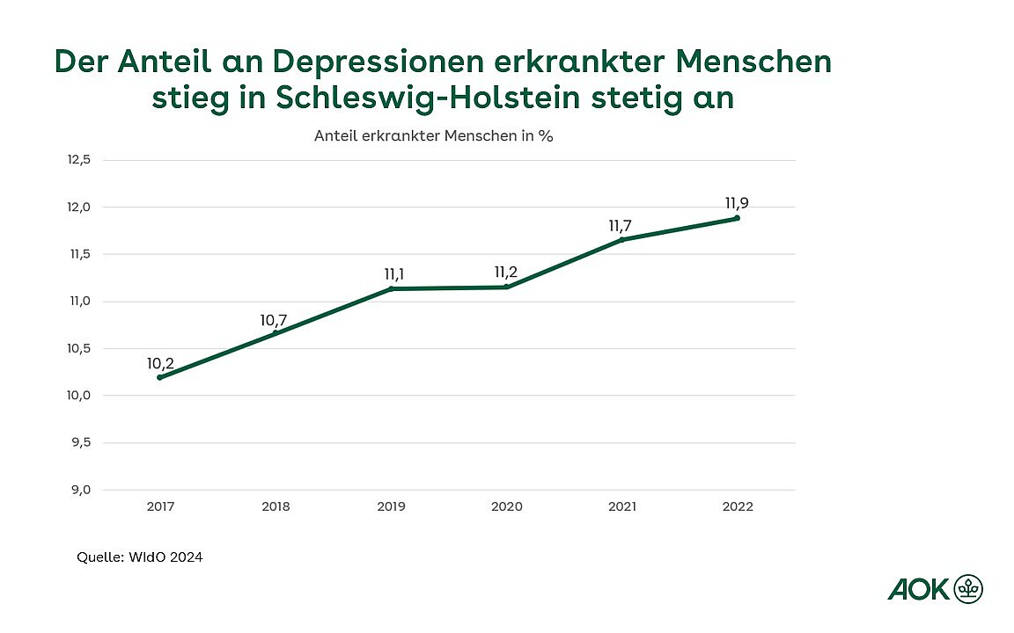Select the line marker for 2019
click(391, 288)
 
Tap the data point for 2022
click(737, 218)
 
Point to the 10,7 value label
click(274, 320)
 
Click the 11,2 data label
click(506, 273)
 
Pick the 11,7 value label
click(621, 226)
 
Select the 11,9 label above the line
click(737, 203)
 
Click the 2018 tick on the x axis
click(276, 506)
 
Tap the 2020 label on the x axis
click(506, 506)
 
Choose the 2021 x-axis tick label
click(622, 506)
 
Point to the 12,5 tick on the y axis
click(78, 160)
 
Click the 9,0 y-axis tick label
click(80, 490)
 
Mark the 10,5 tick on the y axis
click(78, 348)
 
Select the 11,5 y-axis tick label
click(78, 254)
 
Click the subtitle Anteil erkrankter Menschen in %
click(433, 136)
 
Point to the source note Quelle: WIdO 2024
click(140, 557)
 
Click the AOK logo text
click(919, 589)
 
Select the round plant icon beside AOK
click(969, 588)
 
